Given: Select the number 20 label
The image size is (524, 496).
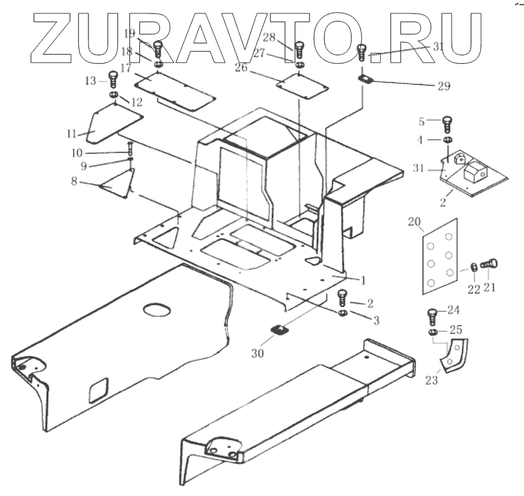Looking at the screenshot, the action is point(414,222).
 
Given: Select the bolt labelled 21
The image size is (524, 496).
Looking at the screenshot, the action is point(491,262).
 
